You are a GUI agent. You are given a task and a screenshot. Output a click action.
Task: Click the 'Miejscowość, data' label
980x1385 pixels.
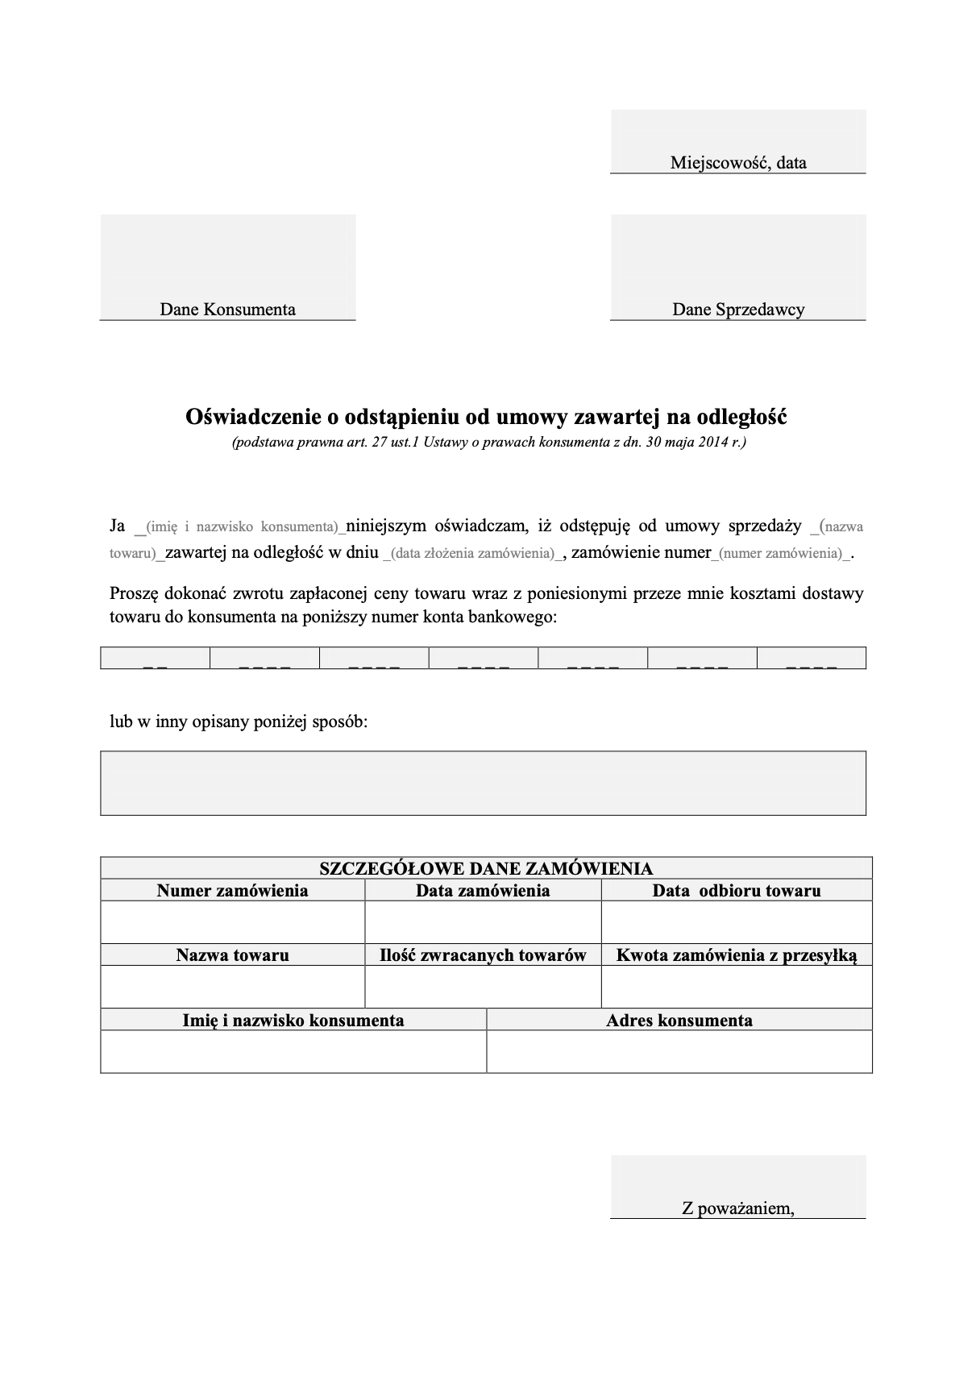pos(737,163)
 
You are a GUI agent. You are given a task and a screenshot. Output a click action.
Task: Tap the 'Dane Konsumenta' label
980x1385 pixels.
pos(227,310)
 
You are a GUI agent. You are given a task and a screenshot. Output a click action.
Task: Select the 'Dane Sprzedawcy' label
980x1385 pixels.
pos(738,310)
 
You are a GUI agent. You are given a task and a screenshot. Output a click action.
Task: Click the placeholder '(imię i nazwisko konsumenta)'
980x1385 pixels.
pos(241,527)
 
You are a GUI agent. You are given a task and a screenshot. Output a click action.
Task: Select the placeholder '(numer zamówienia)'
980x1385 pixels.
pos(779,554)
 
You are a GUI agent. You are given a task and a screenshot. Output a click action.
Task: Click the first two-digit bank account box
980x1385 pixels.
pos(155,659)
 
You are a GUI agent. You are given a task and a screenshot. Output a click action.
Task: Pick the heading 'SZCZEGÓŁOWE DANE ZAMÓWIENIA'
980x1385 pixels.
pos(486,868)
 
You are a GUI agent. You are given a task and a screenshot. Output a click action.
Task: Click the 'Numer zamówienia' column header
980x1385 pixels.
pos(232,891)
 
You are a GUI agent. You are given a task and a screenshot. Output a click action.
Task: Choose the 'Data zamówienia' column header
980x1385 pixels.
pos(483,891)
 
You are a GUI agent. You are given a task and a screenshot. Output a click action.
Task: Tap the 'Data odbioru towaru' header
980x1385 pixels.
pos(737,891)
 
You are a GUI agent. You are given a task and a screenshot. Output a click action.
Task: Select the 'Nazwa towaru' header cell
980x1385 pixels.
pos(232,955)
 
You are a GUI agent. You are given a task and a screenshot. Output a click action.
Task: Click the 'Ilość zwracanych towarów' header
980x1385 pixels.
pos(483,955)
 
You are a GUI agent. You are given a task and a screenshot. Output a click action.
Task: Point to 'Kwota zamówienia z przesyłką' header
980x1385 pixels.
pos(737,955)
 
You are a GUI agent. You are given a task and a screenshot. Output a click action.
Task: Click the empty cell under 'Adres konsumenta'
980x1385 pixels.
pos(679,1052)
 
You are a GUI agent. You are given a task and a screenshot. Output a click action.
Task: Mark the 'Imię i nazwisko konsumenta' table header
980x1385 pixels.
pos(293,1021)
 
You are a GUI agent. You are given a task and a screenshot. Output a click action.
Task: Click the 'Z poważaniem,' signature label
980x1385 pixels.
pos(737,1208)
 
